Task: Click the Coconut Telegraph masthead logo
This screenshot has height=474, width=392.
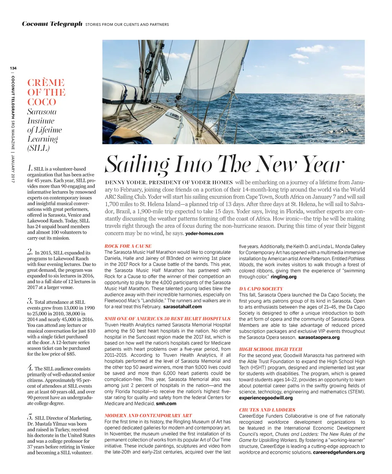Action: point(52,24)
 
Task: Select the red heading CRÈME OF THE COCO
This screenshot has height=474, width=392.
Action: point(46,92)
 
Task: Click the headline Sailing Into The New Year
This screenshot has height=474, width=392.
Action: point(225,164)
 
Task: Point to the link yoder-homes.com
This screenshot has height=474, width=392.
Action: point(204,233)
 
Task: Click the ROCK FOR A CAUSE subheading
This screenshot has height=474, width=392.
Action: point(128,246)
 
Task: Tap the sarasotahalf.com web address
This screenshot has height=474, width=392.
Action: point(182,307)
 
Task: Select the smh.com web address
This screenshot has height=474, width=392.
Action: point(166,403)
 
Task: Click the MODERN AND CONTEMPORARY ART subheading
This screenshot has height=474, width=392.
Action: point(148,415)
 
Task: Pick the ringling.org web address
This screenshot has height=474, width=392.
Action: point(283,277)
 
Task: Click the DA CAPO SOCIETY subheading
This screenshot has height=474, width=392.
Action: point(261,289)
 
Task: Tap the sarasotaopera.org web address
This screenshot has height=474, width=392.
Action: point(319,337)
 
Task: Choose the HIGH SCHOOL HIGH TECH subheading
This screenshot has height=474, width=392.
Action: point(271,349)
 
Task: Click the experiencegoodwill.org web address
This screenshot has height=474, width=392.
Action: point(266,398)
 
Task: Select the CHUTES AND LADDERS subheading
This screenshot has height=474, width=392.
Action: point(267,410)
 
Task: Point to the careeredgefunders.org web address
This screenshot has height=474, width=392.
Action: point(339,452)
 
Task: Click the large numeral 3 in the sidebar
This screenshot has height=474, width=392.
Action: point(30,301)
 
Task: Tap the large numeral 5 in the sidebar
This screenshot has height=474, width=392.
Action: point(30,417)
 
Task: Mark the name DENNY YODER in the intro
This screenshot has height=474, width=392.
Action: point(124,182)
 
